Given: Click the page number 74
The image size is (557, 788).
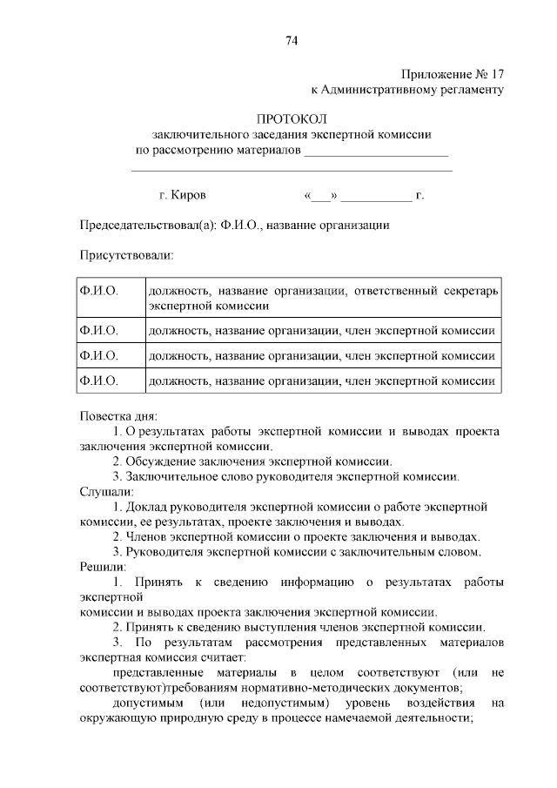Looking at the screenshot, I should pos(292,40).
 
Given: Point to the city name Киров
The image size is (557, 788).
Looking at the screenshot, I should pos(189,196).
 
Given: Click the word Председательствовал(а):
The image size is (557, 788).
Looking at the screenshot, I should pos(147,226).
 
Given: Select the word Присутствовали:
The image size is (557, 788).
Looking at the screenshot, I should pos(126,256).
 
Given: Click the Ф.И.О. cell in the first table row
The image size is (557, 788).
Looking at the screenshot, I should pos(98,290).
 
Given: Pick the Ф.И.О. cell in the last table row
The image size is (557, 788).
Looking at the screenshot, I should pos(98,381).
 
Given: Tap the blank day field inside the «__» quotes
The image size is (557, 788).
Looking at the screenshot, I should pos(321,197).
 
